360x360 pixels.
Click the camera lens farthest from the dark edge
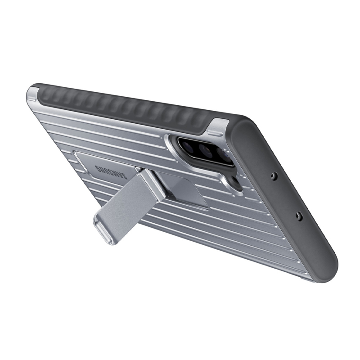click(189, 144)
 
